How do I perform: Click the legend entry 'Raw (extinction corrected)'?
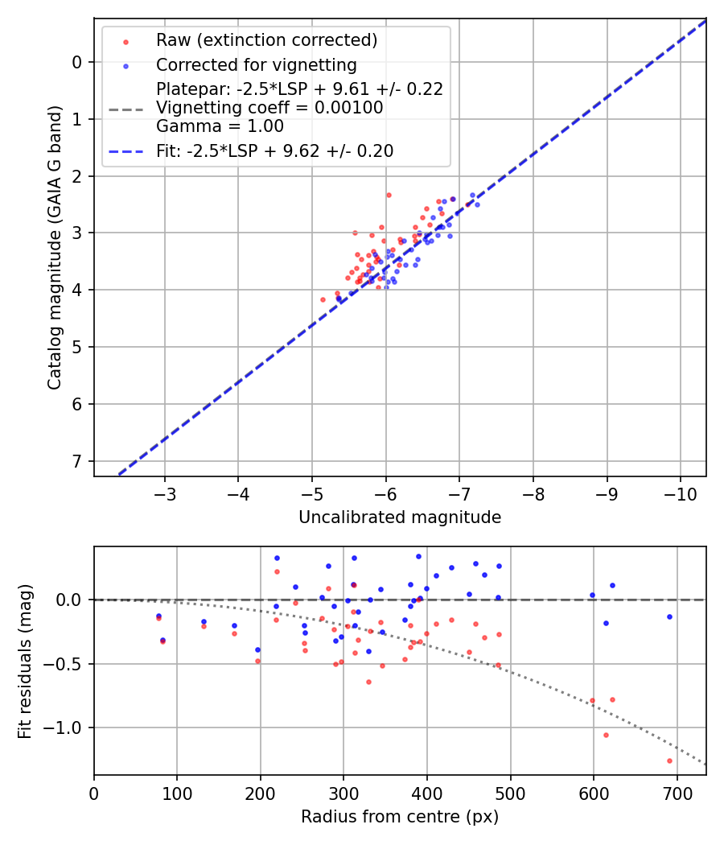[266, 40]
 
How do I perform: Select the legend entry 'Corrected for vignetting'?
[257, 64]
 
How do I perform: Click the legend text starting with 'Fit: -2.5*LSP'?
[274, 150]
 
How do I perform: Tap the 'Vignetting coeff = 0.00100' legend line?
[269, 108]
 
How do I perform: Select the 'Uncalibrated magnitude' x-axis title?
[400, 517]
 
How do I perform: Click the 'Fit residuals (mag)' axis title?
[25, 661]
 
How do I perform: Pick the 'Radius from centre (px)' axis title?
[400, 817]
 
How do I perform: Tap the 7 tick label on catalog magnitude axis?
[77, 461]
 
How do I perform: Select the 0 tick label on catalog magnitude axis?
[77, 62]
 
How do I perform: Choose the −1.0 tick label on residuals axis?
[67, 728]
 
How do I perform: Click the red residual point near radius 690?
[669, 760]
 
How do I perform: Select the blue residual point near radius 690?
[669, 617]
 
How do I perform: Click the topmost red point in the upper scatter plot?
[389, 195]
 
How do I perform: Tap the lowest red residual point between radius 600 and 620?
[606, 735]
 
